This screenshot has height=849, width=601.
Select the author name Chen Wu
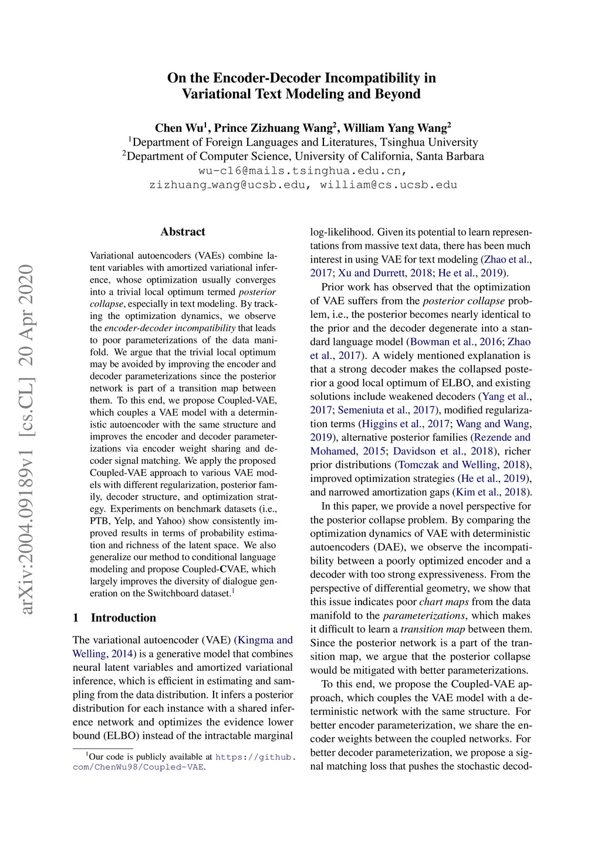click(178, 128)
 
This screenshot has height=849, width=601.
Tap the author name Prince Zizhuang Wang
click(273, 128)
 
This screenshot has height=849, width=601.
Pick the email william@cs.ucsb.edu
click(388, 185)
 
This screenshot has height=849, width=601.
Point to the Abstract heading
click(183, 232)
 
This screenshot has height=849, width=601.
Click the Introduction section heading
click(123, 617)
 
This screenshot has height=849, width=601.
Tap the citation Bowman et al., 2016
click(456, 342)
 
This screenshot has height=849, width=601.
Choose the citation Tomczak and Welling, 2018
click(462, 465)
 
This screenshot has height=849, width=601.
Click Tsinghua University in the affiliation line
click(428, 142)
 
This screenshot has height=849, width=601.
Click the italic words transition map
click(433, 630)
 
